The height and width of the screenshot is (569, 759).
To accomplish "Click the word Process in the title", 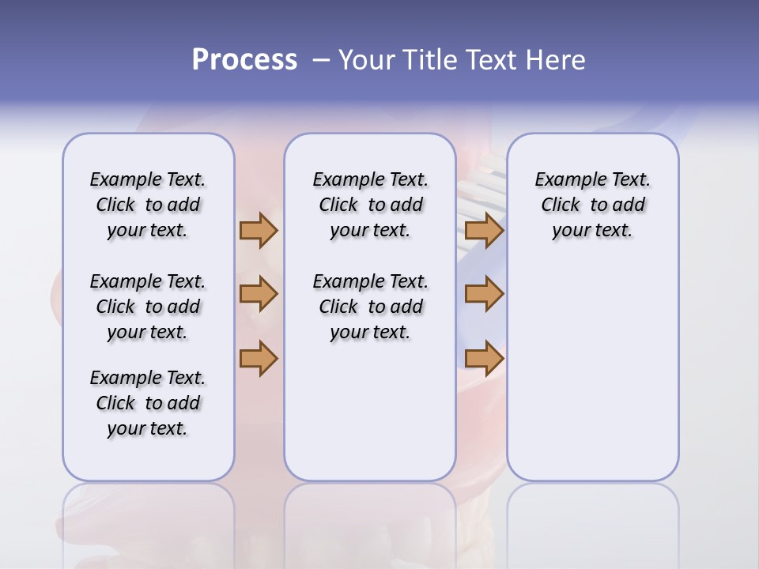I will point(244,60).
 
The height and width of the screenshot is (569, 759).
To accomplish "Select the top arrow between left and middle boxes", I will point(259,230).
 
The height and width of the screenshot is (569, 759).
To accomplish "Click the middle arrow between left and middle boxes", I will point(259,294).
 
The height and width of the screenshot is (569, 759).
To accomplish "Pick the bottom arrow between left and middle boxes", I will point(259,358).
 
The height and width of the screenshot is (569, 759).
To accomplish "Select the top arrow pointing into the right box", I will point(484,230).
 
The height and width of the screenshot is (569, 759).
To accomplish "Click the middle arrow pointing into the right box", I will point(484,294).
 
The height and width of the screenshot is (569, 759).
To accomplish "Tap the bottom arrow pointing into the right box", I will point(484,358).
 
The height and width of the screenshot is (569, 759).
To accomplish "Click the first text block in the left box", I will point(148,205).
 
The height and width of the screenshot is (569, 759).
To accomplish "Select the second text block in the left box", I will point(148,307).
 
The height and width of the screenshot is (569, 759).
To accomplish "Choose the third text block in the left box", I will point(148,403).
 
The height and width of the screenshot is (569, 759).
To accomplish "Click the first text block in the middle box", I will point(370,205).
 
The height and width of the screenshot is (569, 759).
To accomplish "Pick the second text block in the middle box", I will point(370,307).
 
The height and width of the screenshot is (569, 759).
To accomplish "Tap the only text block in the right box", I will point(592,205).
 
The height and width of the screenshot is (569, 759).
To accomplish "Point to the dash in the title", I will point(321,60).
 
